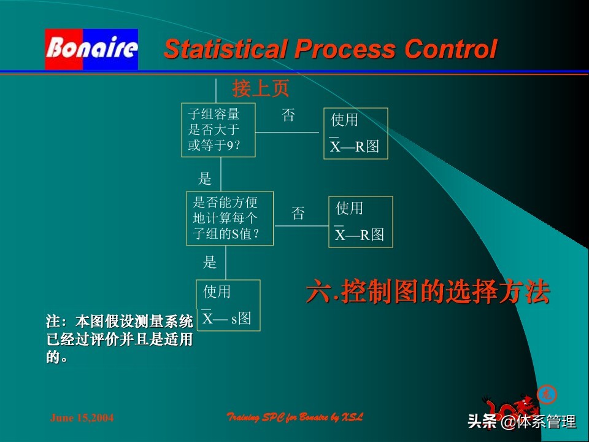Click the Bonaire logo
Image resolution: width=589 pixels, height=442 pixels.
[x=91, y=49]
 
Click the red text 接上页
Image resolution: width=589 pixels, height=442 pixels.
[x=260, y=89]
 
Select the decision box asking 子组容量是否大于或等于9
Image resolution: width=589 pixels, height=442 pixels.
[x=218, y=130]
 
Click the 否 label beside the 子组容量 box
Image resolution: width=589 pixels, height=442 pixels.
[x=288, y=115]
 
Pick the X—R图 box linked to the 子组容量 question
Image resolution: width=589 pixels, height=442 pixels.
[x=356, y=133]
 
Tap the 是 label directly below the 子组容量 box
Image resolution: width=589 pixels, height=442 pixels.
[x=205, y=179]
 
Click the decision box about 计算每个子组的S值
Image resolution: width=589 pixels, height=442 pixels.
[x=229, y=218]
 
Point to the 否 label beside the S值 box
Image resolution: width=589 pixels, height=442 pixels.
[x=298, y=214]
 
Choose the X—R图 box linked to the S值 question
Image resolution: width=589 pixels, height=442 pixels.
[x=361, y=222]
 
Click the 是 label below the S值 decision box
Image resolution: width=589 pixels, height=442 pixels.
[x=210, y=263]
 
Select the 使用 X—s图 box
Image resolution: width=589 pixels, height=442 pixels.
[x=228, y=306]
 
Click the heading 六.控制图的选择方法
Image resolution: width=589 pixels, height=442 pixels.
[x=428, y=293]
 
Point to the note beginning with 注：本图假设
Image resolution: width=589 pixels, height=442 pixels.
[x=119, y=339]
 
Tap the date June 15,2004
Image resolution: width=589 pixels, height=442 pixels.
[x=82, y=418]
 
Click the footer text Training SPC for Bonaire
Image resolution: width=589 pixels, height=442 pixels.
[x=295, y=417]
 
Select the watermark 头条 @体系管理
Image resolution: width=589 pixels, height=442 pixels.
[x=522, y=422]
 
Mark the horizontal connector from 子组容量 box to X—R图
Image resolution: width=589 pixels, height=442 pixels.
[x=287, y=133]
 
